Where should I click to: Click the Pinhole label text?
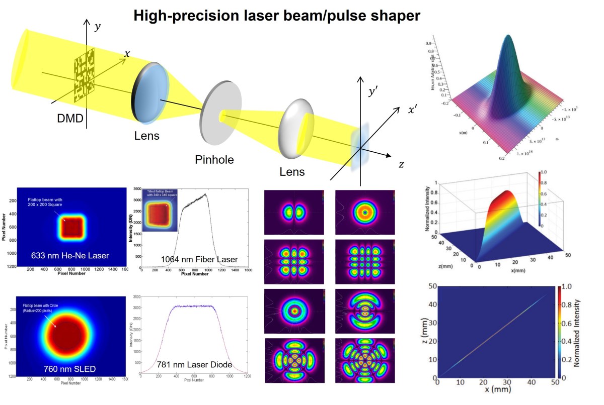click(214, 160)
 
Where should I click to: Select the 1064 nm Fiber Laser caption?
click(199, 259)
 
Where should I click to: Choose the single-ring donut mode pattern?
click(365, 213)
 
